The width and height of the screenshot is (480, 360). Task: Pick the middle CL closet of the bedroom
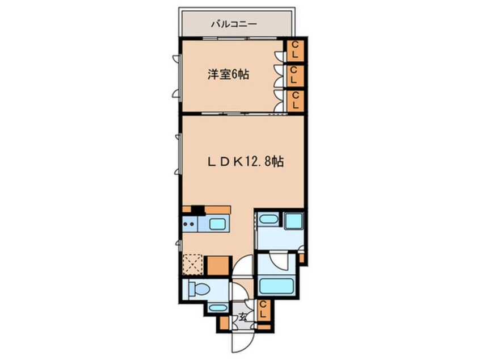pyautogui.click(x=295, y=76)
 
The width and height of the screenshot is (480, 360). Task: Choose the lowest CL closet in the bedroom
pyautogui.click(x=295, y=101)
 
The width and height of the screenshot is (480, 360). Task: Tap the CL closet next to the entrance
pyautogui.click(x=263, y=311)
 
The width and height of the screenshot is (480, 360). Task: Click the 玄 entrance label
pyautogui.click(x=243, y=317)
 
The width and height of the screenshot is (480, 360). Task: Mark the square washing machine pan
pyautogui.click(x=293, y=221)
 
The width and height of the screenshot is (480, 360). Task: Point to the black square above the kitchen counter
pyautogui.click(x=197, y=209)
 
